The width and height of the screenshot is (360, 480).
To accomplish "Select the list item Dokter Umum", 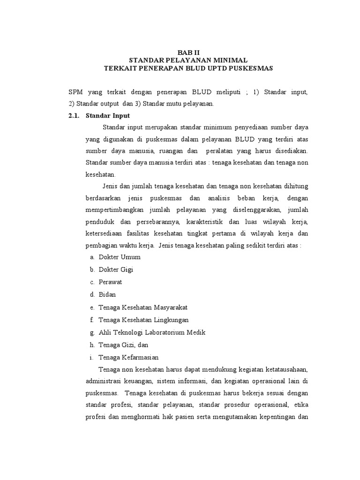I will (x=119, y=257).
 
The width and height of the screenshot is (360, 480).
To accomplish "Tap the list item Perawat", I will (x=110, y=282).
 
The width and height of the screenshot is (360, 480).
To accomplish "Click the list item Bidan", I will (x=107, y=295).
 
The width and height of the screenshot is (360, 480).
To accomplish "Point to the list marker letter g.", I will (x=91, y=332).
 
